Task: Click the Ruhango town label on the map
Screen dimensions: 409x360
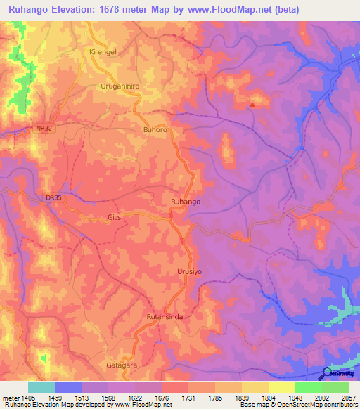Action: tap(186, 202)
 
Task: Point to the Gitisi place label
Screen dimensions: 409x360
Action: tap(115, 218)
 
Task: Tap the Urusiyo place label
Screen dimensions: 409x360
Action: tap(188, 271)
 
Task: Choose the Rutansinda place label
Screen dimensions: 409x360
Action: tap(164, 317)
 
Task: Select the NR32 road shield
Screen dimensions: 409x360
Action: tap(44, 129)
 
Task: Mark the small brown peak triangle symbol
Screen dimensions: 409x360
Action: tap(252, 105)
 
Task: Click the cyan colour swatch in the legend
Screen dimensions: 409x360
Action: tap(41, 387)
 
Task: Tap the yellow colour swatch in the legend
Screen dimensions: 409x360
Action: tap(281, 387)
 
